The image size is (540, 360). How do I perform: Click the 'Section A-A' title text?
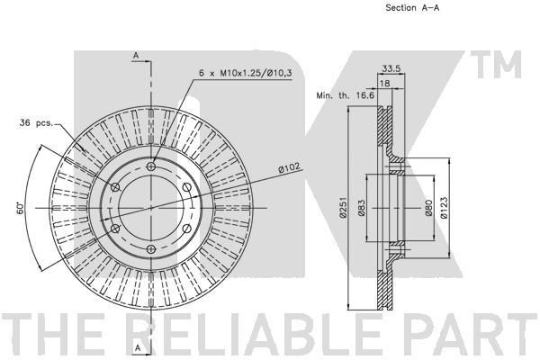pyautogui.click(x=412, y=7)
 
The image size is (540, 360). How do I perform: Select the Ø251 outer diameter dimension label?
pyautogui.click(x=343, y=207)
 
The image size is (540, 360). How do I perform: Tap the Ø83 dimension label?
pyautogui.click(x=361, y=208)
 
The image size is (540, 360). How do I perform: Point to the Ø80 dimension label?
pyautogui.click(x=428, y=208)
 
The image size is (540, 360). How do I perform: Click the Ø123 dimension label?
pyautogui.click(x=444, y=208)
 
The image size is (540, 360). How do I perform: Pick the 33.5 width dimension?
pyautogui.click(x=391, y=69)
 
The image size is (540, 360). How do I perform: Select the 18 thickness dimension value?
pyautogui.click(x=384, y=83)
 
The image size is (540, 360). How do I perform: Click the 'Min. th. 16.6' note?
pyautogui.click(x=345, y=95)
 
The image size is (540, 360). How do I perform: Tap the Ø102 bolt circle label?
pyautogui.click(x=289, y=168)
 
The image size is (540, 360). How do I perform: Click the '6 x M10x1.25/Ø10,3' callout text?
pyautogui.click(x=245, y=73)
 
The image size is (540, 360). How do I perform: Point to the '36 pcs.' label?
pyautogui.click(x=36, y=122)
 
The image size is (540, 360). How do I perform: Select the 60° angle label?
pyautogui.click(x=21, y=208)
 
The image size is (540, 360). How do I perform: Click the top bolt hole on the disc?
pyautogui.click(x=151, y=166)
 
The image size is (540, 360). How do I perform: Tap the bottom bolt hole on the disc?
pyautogui.click(x=151, y=248)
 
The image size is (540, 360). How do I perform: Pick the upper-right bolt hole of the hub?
pyautogui.click(x=186, y=187)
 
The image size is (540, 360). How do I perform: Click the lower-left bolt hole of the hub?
pyautogui.click(x=115, y=229)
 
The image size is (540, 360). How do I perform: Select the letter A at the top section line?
pyautogui.click(x=137, y=56)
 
